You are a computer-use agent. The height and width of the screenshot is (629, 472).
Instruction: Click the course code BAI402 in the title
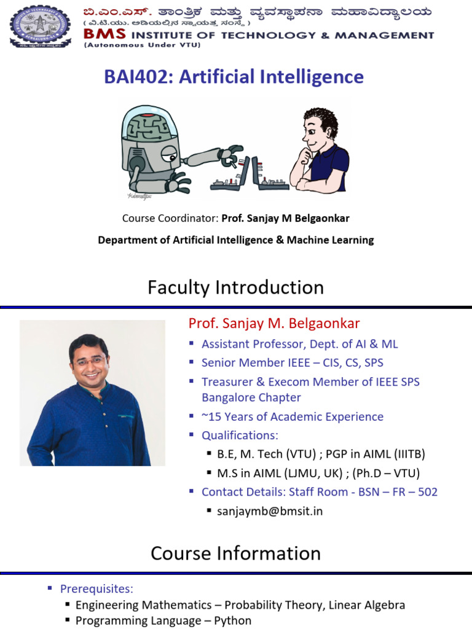130,77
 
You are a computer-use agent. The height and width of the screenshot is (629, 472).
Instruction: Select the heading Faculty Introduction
235,287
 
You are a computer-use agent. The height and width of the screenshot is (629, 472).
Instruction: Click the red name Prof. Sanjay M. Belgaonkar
274,324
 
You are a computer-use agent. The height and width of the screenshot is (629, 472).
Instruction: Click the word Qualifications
240,436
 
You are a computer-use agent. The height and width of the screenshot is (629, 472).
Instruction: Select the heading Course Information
235,553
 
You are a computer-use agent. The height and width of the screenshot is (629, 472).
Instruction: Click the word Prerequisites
96,589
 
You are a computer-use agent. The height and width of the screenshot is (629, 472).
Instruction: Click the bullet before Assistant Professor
192,343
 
